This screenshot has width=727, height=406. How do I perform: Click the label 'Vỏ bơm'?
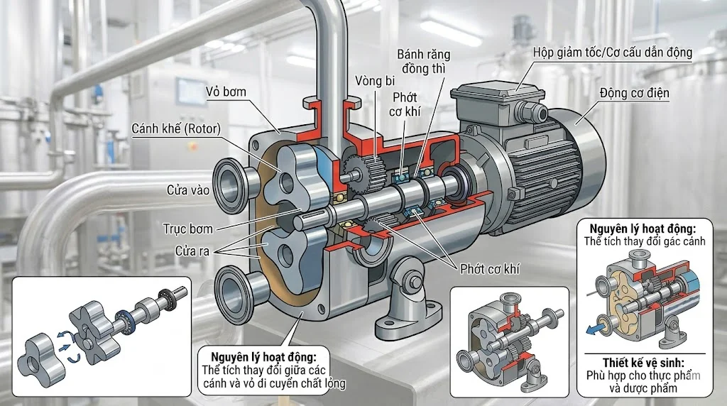226,92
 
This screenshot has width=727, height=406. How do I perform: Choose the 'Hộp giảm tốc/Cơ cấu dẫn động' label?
612,53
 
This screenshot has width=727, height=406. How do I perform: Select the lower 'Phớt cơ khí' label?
490,269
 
